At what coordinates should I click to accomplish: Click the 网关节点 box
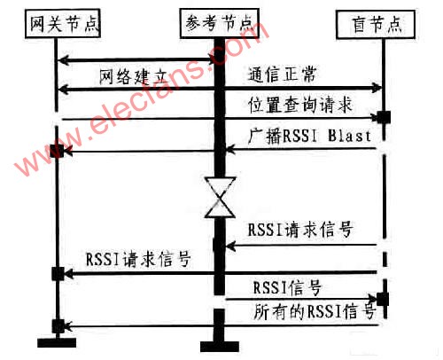tap(63, 24)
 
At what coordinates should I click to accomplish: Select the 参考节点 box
tap(220, 24)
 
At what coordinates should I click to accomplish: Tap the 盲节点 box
tap(376, 25)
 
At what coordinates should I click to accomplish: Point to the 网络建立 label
tap(134, 77)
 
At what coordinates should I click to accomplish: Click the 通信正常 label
tap(283, 74)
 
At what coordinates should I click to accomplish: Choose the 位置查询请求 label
tap(300, 105)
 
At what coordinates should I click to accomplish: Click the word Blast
tap(349, 136)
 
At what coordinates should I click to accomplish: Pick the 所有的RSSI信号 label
tap(315, 311)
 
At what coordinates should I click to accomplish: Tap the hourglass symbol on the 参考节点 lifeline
tap(220, 197)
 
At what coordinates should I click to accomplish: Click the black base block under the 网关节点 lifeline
tap(57, 342)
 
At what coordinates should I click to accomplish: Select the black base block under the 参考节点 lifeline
tap(220, 347)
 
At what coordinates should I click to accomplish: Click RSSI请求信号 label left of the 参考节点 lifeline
tap(138, 259)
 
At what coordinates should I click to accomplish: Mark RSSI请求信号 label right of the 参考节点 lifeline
tap(300, 229)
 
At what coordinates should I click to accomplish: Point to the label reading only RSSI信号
tap(287, 287)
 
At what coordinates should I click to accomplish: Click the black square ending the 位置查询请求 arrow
tap(384, 117)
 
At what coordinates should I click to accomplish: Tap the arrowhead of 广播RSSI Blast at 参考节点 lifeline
tap(229, 150)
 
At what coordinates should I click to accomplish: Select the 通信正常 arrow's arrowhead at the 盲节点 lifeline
tap(377, 88)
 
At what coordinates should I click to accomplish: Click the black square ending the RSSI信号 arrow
tap(383, 299)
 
